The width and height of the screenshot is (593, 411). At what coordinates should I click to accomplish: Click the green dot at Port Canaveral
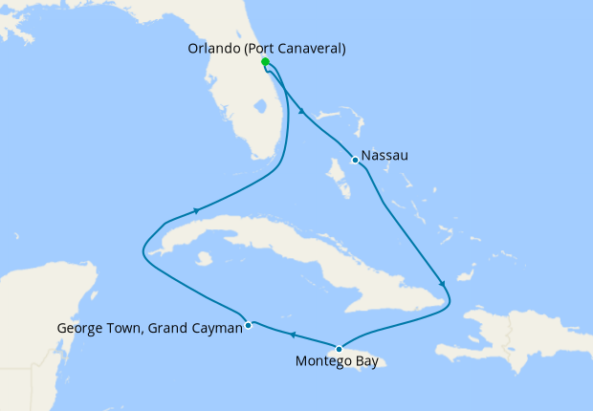[x=265, y=62]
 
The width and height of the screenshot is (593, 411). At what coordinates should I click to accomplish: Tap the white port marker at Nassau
[x=355, y=160]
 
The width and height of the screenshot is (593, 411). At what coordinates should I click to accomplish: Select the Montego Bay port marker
[x=338, y=348]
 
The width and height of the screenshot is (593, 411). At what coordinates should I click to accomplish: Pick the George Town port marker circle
[x=249, y=325]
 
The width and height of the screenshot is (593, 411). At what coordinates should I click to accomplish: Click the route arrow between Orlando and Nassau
[x=302, y=112]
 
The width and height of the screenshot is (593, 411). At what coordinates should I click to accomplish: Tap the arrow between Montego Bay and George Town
[x=292, y=335]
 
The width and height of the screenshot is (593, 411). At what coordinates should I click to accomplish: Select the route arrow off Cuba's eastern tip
[x=442, y=283]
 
